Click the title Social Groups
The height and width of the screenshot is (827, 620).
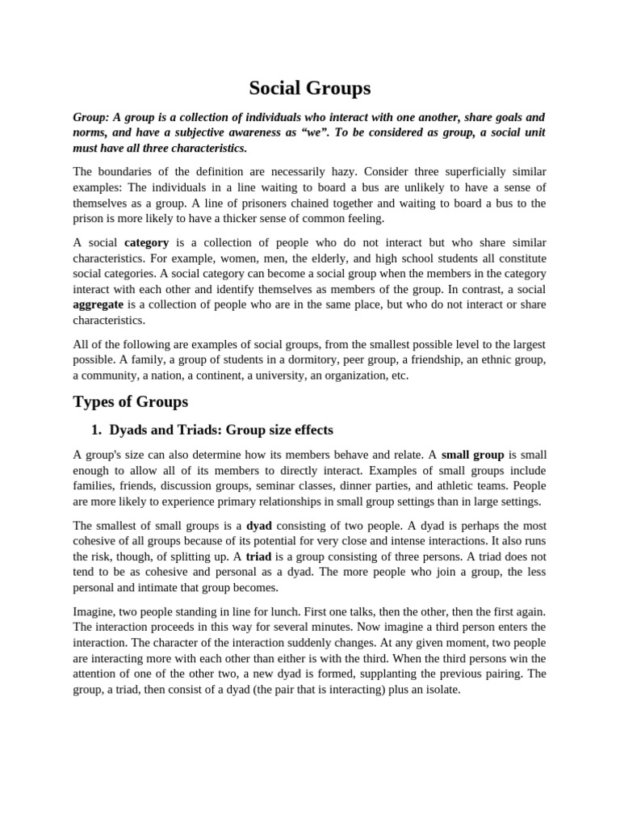coord(310,88)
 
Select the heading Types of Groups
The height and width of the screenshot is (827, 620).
coord(130,401)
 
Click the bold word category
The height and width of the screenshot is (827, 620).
coord(146,242)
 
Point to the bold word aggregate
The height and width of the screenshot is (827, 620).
coord(98,304)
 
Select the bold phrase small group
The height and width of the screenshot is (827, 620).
coord(472,455)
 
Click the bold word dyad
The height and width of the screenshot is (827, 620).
coord(258,525)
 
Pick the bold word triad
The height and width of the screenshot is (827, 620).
coord(258,556)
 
